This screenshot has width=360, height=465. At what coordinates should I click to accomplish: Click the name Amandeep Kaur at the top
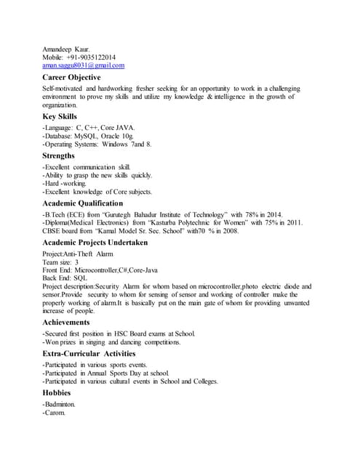point(66,49)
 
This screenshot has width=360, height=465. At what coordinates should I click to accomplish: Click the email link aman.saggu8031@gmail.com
point(83,66)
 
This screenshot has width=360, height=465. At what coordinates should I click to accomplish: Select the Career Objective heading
point(71,77)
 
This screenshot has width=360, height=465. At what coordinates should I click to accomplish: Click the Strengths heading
point(58,155)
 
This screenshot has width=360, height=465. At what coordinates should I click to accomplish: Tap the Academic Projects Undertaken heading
point(95,242)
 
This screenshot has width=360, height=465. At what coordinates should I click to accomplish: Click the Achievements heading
point(66,322)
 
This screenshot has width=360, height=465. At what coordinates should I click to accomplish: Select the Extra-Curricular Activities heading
point(89,352)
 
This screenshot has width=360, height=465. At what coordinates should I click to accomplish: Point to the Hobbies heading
point(57,392)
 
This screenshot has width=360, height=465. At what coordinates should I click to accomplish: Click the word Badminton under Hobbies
point(60,403)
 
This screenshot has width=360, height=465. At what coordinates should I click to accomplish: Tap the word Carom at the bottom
point(55,413)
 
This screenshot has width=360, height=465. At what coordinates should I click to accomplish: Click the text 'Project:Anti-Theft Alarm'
point(79,253)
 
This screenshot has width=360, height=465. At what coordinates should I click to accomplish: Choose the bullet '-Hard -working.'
point(65,184)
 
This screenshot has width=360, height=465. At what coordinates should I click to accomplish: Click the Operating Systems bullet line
point(97,145)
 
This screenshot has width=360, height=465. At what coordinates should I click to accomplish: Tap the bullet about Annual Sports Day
point(105,373)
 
